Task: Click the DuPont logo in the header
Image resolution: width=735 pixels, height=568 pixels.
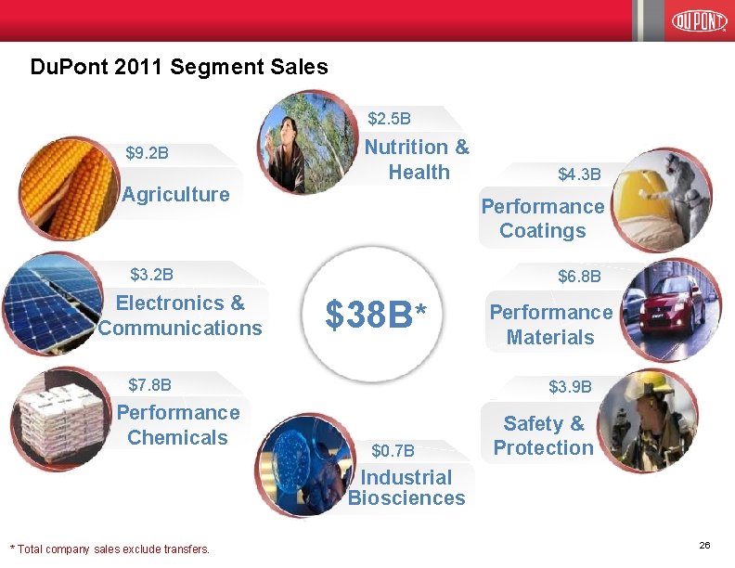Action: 698,20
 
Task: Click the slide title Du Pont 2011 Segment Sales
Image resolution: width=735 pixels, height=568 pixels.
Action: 179,67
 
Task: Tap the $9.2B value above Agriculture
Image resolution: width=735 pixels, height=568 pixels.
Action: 147,152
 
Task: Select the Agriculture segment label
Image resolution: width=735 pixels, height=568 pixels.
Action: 175,194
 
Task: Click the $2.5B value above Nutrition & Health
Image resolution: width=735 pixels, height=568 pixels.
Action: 390,119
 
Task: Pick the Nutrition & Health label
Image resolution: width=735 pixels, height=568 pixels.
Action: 417,160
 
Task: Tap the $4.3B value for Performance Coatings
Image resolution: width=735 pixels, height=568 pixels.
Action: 579,174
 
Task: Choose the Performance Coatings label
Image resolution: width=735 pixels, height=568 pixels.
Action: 542,218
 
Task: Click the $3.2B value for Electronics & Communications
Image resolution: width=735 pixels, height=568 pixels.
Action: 151,274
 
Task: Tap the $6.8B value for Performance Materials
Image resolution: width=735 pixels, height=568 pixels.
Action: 579,277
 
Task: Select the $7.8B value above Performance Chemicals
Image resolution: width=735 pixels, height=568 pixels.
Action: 149,384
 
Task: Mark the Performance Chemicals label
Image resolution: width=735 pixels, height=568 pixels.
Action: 177,425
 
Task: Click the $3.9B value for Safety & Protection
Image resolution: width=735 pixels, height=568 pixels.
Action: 570,385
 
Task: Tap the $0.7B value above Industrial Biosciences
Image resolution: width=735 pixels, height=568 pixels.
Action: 393,451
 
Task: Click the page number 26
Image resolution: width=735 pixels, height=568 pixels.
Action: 703,546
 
